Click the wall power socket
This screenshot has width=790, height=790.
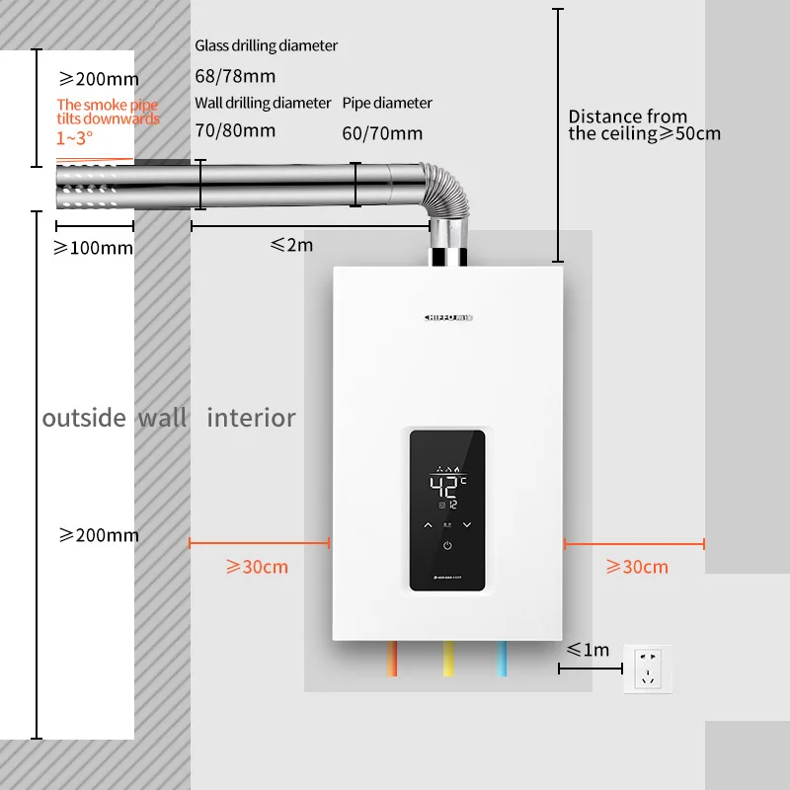[x=648, y=668]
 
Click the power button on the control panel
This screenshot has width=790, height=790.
[x=447, y=545]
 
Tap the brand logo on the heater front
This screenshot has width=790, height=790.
[x=447, y=317]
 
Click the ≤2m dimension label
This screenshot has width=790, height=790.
[x=291, y=244]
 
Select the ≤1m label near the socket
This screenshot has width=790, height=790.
[x=589, y=650]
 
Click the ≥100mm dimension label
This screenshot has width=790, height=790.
[x=93, y=248]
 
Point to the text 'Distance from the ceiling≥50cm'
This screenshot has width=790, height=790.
[x=644, y=125]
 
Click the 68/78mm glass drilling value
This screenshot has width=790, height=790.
[x=235, y=76]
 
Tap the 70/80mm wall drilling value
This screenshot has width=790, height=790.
[x=235, y=129]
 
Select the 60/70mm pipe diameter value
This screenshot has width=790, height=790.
[x=382, y=133]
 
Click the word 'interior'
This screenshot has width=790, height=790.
[x=251, y=418]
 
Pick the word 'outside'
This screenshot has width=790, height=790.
[x=84, y=418]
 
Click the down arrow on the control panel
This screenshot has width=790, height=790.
[x=467, y=524]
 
